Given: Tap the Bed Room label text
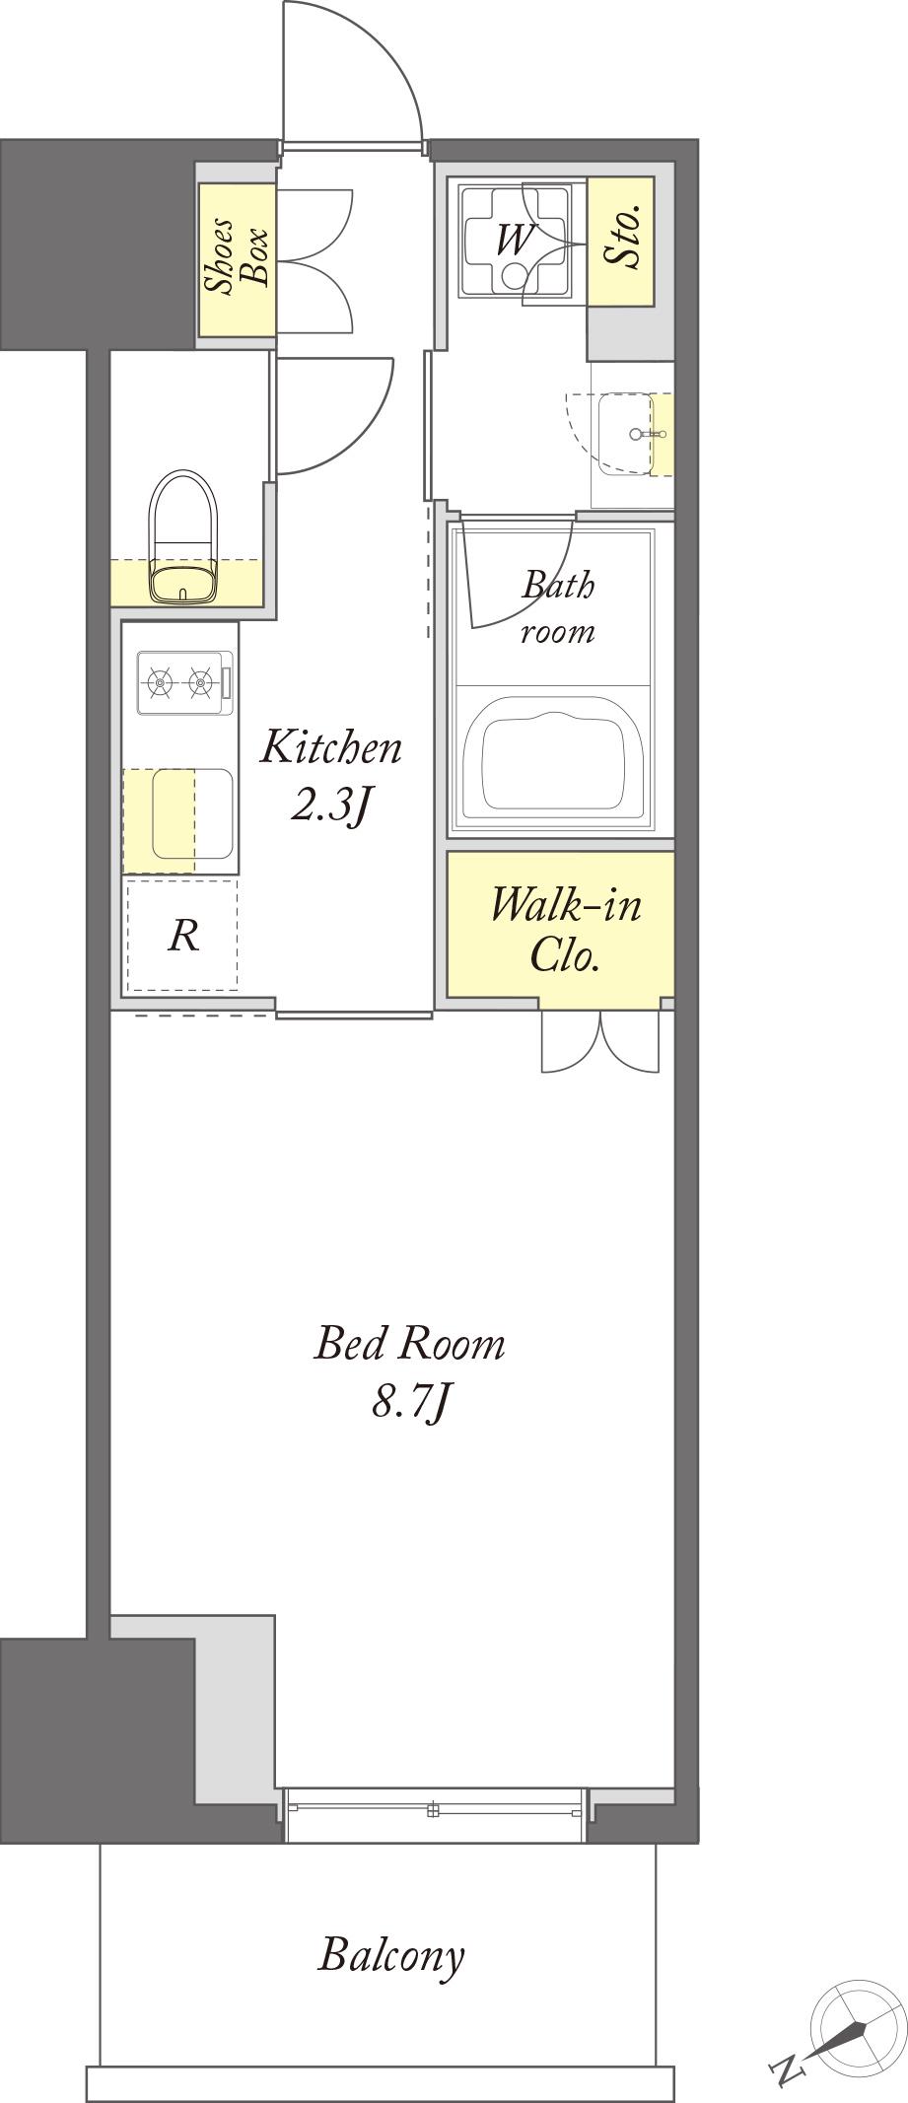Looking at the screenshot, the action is [x=409, y=1344].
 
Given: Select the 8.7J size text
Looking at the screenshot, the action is [x=411, y=1401].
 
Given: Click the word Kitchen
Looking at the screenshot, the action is [x=330, y=747].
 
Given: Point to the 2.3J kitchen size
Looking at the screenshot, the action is [x=330, y=805].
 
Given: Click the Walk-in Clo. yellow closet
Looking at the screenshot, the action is [x=560, y=924].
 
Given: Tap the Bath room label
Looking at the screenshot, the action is [x=558, y=607].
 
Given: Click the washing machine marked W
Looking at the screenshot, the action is [x=513, y=241].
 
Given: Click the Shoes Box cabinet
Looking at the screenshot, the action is [x=237, y=260].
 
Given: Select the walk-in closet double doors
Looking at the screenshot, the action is [x=600, y=1040].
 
